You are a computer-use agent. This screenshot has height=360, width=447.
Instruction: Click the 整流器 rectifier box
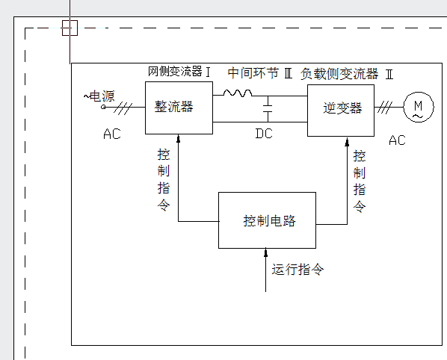click(x=179, y=108)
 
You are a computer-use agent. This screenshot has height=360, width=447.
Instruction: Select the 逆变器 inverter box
click(x=341, y=110)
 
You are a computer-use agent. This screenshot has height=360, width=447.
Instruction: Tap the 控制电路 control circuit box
click(x=267, y=220)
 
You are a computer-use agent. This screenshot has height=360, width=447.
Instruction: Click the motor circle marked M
click(x=419, y=108)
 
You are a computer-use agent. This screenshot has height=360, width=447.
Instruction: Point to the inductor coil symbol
click(x=238, y=93)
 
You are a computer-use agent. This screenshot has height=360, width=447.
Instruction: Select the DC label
click(x=264, y=134)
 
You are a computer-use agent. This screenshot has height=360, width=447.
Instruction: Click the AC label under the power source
click(x=111, y=135)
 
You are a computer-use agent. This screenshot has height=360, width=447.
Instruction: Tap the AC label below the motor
click(x=397, y=140)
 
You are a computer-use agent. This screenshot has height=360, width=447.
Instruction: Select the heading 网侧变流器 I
click(x=179, y=72)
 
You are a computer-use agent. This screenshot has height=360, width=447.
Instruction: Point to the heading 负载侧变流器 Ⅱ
click(x=346, y=74)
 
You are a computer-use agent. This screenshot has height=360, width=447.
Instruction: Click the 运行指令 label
click(x=298, y=270)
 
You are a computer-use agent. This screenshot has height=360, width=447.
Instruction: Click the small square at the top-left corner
click(x=69, y=28)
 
